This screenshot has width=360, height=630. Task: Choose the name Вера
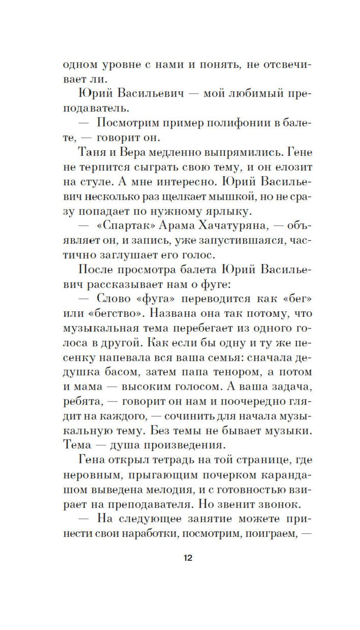tap(130, 152)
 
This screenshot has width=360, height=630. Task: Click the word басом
tap(118, 372)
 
